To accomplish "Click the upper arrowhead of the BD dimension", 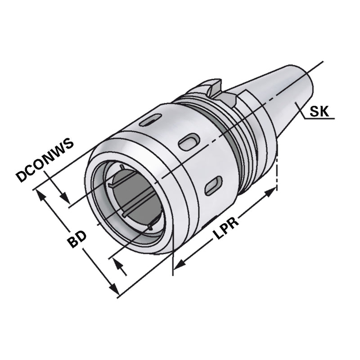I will [x=40, y=194].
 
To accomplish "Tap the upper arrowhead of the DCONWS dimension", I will [x=64, y=198].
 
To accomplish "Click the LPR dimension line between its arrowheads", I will [x=211, y=238].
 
